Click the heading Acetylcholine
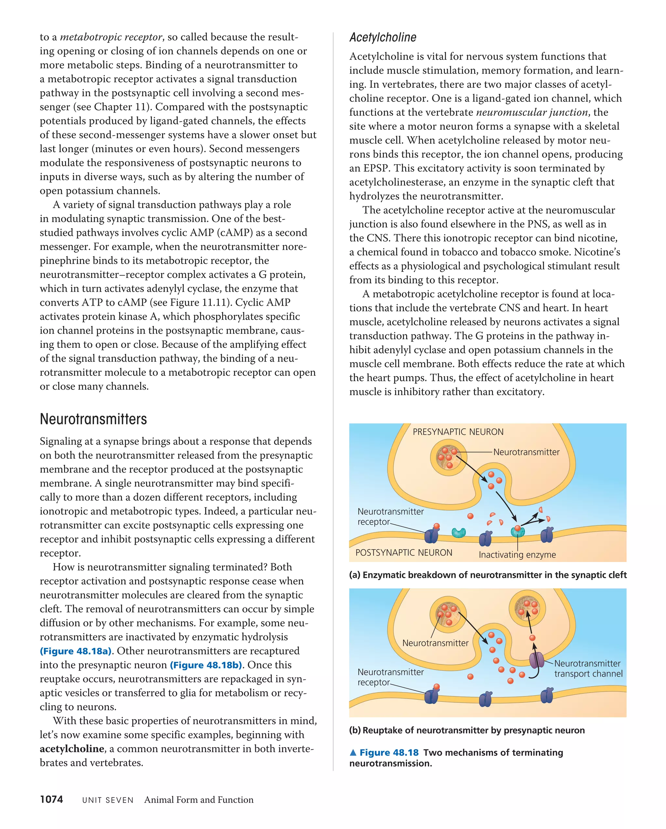[x=383, y=38]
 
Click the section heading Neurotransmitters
[x=93, y=419]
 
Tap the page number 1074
[x=51, y=799]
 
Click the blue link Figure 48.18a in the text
[x=76, y=651]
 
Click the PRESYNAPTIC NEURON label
[x=458, y=432]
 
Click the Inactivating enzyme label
[x=517, y=555]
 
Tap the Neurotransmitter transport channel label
[x=588, y=668]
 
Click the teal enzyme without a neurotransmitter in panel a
[x=458, y=532]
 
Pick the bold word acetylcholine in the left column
[x=72, y=749]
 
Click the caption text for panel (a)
[x=487, y=575]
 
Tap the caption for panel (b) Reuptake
[x=467, y=730]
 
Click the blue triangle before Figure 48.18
[x=353, y=753]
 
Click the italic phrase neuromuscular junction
[x=532, y=112]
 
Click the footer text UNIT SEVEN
[x=108, y=800]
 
